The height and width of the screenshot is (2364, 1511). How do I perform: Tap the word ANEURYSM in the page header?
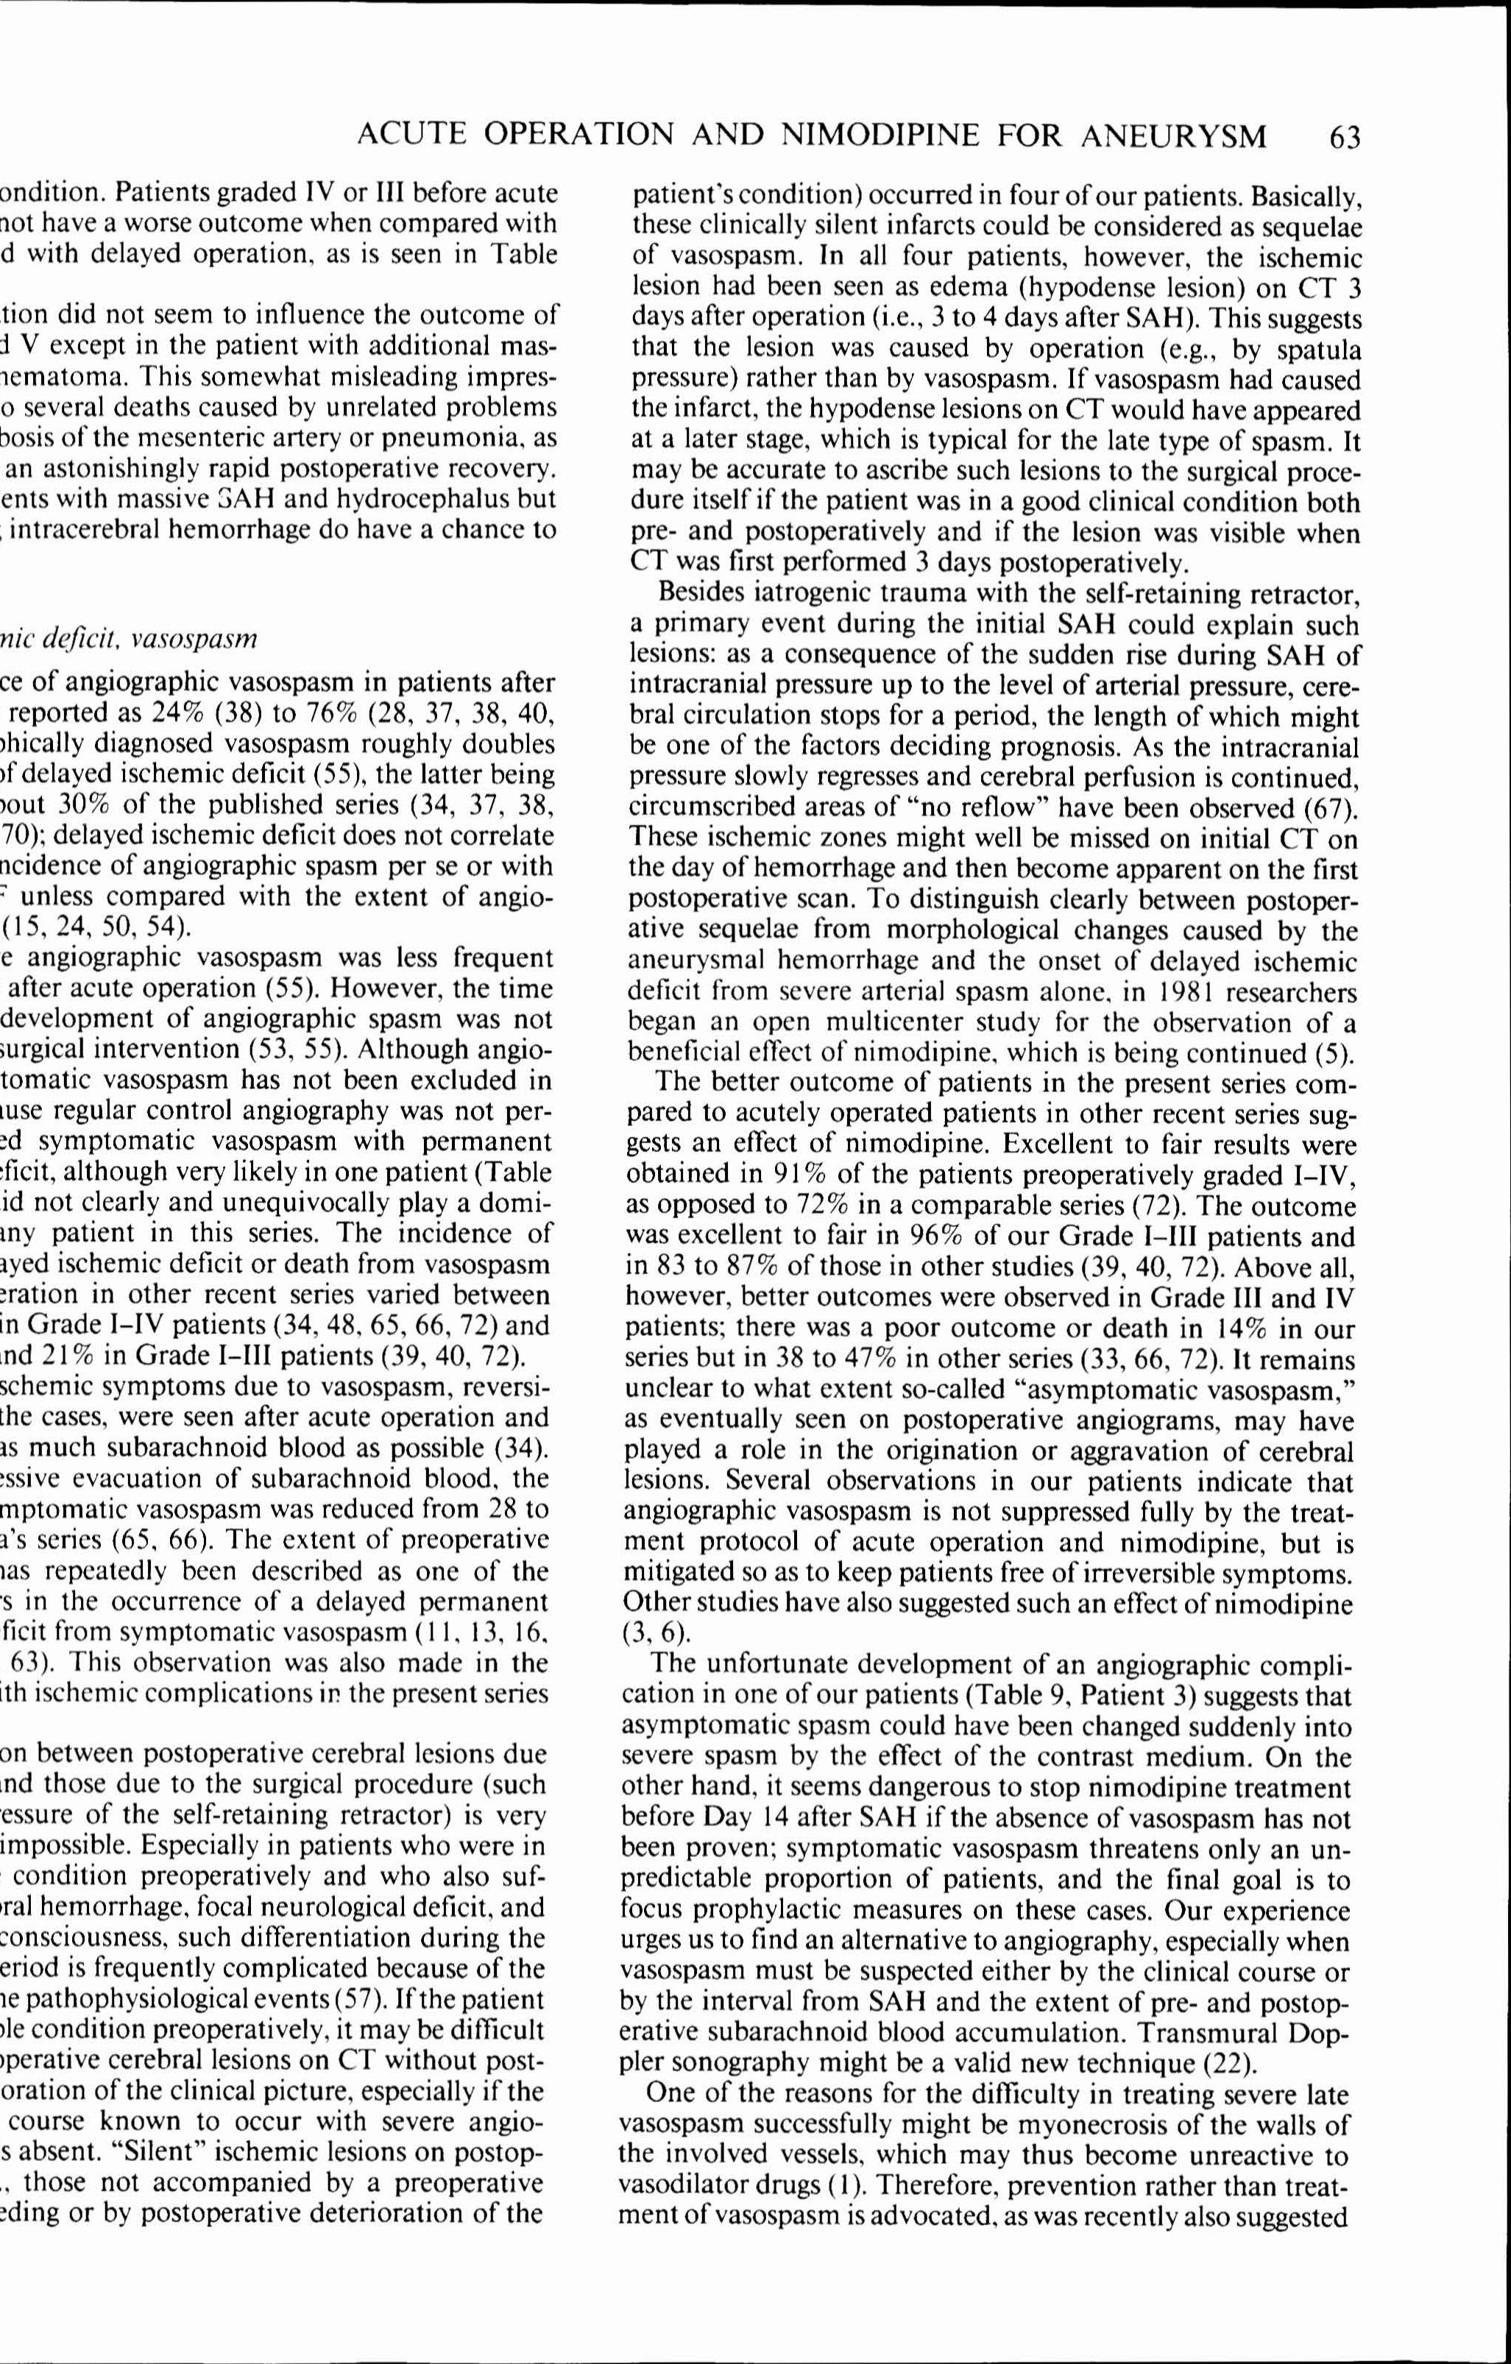coord(1173,135)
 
